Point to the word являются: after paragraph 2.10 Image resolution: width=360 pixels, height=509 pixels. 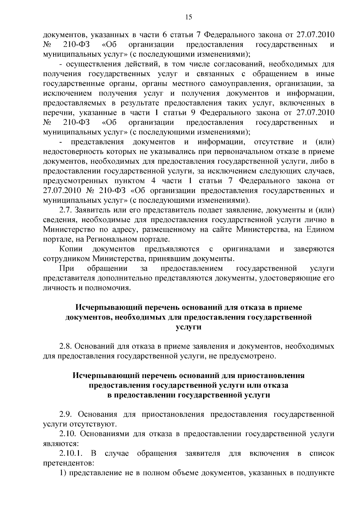(x=61, y=444)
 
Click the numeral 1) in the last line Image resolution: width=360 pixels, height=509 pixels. (x=63, y=473)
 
